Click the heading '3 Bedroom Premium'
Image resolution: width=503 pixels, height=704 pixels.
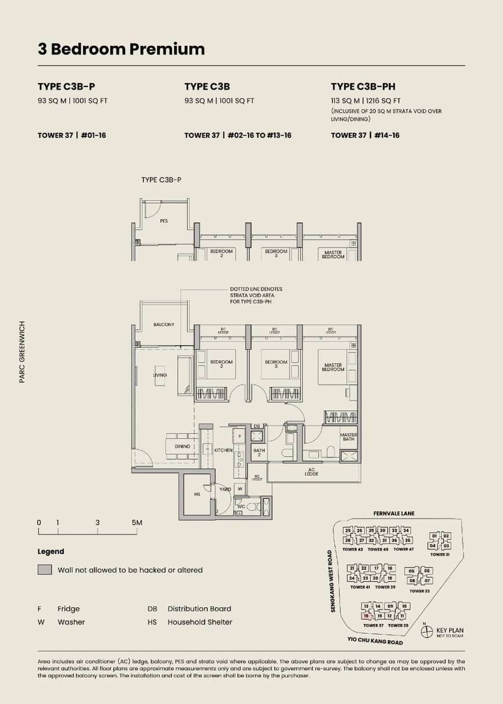[121, 49]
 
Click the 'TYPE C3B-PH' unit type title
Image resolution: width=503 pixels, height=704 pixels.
[363, 86]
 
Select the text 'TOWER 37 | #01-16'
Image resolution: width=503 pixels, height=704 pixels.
[72, 135]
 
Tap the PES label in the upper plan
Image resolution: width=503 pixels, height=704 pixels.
[164, 221]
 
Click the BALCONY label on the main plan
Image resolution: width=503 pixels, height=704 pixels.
[163, 325]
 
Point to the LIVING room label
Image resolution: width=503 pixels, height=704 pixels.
[160, 375]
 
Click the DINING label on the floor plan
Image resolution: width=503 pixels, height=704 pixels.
[183, 447]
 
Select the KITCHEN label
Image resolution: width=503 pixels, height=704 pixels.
[223, 450]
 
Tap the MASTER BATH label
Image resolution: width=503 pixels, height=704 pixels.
[348, 437]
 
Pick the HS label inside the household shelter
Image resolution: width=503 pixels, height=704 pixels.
[196, 494]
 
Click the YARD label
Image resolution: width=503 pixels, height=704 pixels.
[225, 489]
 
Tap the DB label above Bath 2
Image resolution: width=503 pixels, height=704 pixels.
[257, 426]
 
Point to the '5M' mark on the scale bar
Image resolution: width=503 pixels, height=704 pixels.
[137, 522]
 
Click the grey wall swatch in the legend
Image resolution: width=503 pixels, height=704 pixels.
[45, 570]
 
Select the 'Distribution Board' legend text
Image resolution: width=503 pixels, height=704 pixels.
[199, 609]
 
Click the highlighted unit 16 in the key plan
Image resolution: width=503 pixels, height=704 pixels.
[366, 616]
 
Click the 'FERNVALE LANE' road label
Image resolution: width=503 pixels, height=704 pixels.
[394, 514]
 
